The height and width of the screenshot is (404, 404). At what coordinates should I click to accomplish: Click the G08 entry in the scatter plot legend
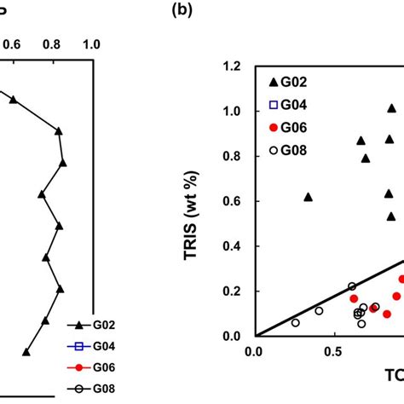[x=290, y=150]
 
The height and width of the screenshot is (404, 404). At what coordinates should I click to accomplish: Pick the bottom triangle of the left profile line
[x=26, y=351]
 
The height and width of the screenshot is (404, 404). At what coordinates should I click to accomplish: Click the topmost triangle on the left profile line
[x=13, y=100]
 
